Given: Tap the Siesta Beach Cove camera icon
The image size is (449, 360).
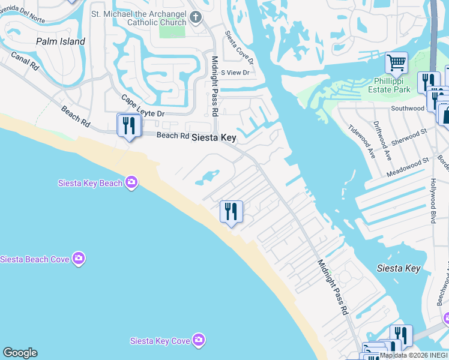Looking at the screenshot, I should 79,259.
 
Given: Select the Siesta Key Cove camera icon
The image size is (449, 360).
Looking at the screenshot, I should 199,341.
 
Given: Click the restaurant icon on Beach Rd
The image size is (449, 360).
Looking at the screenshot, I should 129,125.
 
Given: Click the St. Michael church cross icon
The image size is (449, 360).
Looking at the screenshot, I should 195,17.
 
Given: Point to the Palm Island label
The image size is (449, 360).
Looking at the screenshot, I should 61,42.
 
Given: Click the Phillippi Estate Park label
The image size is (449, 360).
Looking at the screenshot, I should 392,85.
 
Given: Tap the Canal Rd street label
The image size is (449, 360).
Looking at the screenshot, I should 25,62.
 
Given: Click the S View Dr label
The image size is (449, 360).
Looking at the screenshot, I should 235,73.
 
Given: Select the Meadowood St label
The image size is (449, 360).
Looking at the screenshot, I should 408,165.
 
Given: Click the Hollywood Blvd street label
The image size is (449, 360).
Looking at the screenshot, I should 432,200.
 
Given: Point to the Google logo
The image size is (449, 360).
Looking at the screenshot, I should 20,353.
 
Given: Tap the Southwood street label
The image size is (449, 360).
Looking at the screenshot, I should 408,109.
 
